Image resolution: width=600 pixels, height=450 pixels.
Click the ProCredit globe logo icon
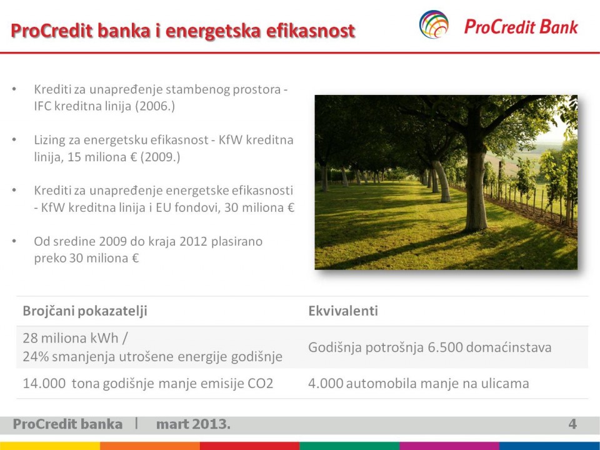pos(434,24)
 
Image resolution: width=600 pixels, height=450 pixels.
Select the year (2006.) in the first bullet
pos(155,106)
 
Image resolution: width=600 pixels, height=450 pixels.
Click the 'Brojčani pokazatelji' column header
pos(85,311)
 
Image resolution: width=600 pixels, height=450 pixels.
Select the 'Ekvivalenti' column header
pos(343,311)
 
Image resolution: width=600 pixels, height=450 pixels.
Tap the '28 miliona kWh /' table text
pos(76,338)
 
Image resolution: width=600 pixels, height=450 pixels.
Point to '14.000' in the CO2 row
pos(44,383)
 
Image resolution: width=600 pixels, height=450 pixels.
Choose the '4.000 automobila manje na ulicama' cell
pos(419,383)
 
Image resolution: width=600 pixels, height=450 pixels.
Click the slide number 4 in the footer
pos(572,424)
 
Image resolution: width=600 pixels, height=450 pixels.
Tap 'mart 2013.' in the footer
pos(193,424)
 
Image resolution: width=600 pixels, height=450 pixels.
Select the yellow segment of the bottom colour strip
pos(50,446)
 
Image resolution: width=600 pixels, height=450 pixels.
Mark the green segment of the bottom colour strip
pos(349,446)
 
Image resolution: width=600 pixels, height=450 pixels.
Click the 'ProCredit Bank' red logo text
pos(521,27)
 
